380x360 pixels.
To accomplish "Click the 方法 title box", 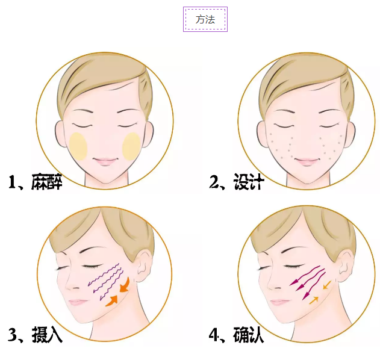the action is [205, 19].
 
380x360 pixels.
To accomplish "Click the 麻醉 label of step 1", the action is [47, 182].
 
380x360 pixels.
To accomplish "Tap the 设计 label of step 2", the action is [249, 182].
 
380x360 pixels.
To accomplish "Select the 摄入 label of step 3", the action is [47, 335].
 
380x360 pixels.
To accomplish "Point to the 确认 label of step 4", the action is [248, 335].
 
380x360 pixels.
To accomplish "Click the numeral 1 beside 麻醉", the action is [12, 182].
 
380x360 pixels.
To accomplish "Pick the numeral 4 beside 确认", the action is [213, 335].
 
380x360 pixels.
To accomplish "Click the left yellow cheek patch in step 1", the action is [78, 146].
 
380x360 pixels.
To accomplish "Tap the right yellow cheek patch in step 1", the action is [132, 146].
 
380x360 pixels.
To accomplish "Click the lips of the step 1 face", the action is [105, 161].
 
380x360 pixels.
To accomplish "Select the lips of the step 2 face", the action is [307, 161].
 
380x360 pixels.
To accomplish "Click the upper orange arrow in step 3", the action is [125, 285].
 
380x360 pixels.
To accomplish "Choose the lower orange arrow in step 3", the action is [112, 300].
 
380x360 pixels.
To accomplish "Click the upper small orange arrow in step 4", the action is [327, 285].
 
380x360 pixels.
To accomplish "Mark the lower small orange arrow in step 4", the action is [314, 300].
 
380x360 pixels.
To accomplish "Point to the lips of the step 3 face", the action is [77, 303].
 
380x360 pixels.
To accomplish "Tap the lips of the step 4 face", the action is [279, 303].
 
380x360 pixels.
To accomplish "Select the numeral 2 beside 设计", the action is [214, 182].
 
